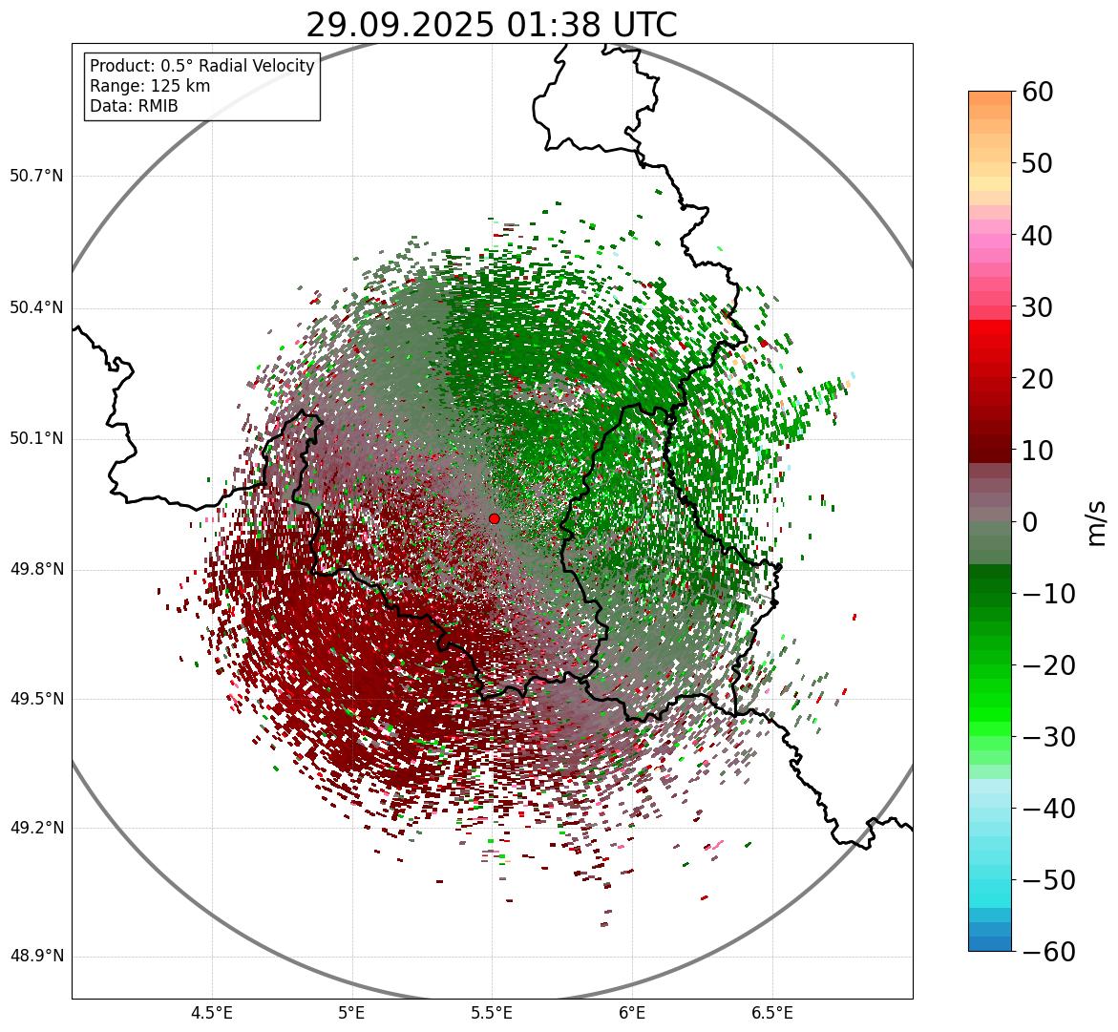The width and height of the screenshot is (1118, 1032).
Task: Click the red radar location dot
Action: (494, 518)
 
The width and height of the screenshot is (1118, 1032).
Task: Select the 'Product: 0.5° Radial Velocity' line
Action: (201, 66)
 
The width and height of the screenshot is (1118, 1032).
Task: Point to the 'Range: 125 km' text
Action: (150, 86)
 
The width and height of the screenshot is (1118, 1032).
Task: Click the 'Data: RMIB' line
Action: (134, 106)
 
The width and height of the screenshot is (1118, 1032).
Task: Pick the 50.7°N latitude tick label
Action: (36, 177)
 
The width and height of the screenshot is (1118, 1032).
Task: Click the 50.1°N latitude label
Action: (36, 439)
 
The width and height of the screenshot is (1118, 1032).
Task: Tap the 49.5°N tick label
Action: (36, 699)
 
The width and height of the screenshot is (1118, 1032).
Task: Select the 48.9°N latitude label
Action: (36, 957)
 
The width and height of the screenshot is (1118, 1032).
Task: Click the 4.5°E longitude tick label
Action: (212, 1012)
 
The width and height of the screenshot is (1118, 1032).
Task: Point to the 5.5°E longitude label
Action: (492, 1012)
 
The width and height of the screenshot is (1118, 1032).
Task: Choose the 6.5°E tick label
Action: (771, 1012)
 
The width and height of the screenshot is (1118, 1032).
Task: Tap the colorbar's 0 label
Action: (1030, 522)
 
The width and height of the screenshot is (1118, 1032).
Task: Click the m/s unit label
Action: (1097, 522)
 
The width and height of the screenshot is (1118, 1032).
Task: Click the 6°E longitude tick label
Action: (632, 1012)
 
